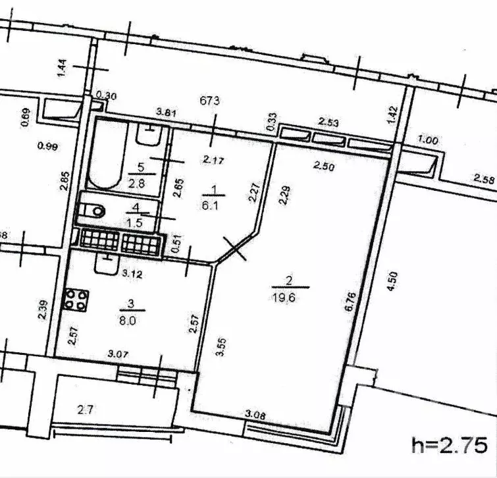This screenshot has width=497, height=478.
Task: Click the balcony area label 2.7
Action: pos(86,410)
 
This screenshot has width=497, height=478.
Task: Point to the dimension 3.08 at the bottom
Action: pos(255,415)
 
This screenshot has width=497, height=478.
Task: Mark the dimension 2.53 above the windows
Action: pos(329,122)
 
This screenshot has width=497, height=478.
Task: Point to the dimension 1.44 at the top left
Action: pos(63,68)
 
